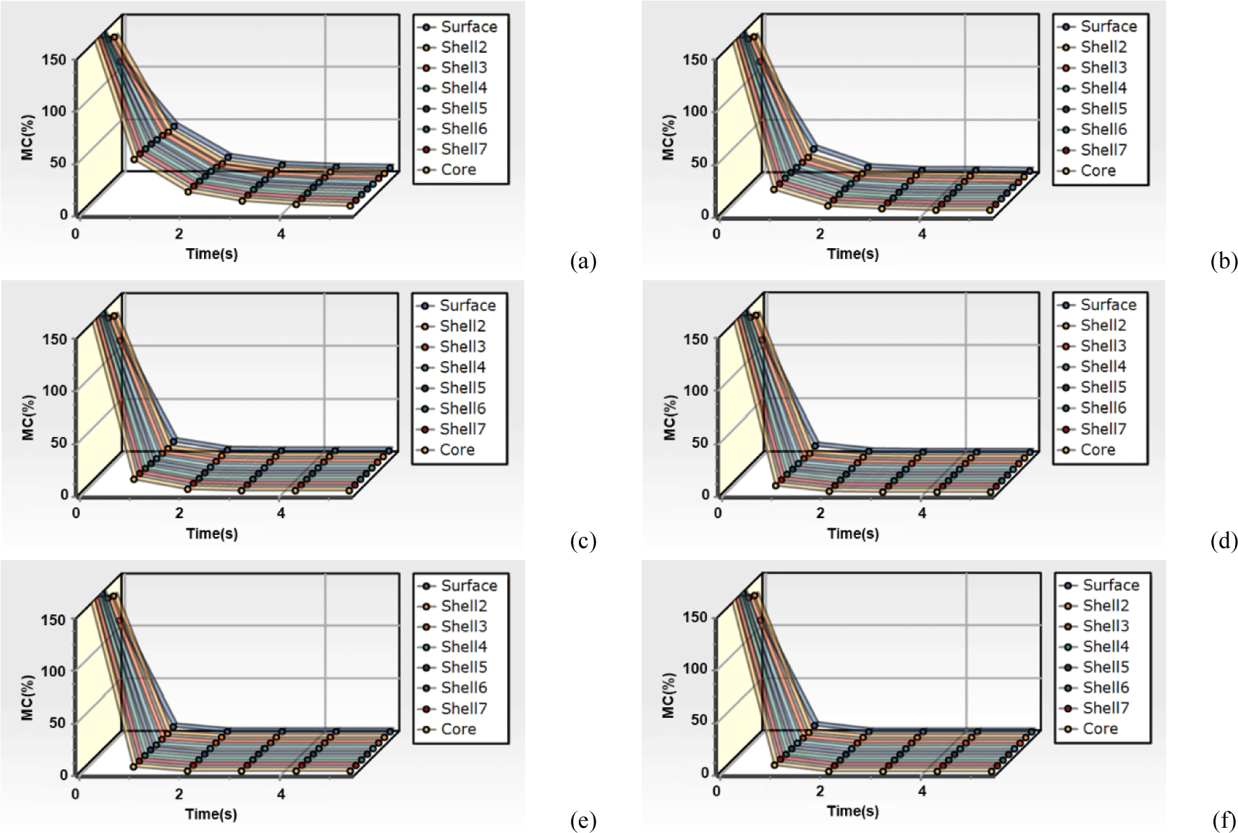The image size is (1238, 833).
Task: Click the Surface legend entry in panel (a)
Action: (x=468, y=27)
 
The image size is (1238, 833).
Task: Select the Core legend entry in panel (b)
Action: (x=1098, y=171)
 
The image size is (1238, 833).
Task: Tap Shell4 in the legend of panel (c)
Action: (x=462, y=367)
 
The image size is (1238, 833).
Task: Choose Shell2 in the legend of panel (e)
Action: (x=464, y=606)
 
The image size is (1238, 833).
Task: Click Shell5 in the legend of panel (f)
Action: (x=1106, y=667)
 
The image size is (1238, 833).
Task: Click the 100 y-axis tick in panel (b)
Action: (x=695, y=111)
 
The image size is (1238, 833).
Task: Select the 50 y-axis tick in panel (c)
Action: (x=59, y=442)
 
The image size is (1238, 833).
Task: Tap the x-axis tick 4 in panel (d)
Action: (x=922, y=513)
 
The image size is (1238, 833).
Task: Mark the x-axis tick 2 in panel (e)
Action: (x=179, y=794)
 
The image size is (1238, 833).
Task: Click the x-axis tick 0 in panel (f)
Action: (x=716, y=791)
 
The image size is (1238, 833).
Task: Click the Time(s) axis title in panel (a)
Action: (x=212, y=254)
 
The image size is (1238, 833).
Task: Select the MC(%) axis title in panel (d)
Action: (x=669, y=418)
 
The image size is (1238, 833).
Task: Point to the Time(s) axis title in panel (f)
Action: (x=853, y=811)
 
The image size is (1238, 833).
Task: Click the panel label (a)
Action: (x=583, y=261)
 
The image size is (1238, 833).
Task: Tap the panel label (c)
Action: (x=583, y=541)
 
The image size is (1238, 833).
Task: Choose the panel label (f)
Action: (x=1224, y=821)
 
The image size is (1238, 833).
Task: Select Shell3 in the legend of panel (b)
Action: (x=1103, y=67)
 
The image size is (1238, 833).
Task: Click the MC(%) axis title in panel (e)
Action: (x=28, y=698)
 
